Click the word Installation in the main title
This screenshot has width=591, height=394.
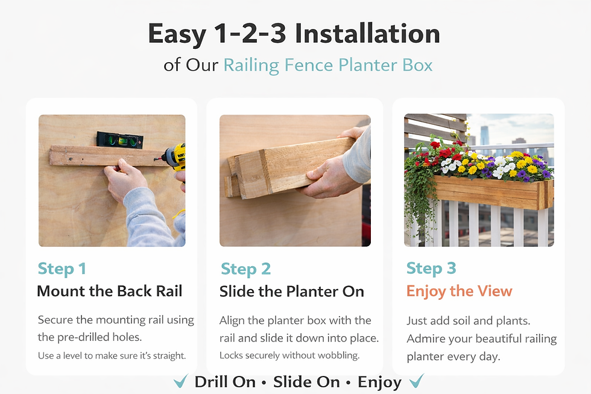pyautogui.click(x=367, y=34)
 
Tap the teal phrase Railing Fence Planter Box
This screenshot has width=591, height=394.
pyautogui.click(x=328, y=65)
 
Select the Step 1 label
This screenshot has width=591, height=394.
pyautogui.click(x=62, y=269)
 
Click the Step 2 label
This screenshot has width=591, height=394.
pyautogui.click(x=246, y=269)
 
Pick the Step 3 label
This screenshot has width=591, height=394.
pyautogui.click(x=431, y=268)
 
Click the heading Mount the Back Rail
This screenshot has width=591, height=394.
pyautogui.click(x=110, y=291)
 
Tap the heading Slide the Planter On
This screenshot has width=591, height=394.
pyautogui.click(x=292, y=291)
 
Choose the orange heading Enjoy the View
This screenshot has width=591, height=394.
pyautogui.click(x=459, y=291)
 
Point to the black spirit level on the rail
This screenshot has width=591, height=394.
pyautogui.click(x=120, y=139)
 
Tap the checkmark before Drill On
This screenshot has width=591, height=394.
pyautogui.click(x=180, y=381)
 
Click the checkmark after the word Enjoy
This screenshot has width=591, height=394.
pyautogui.click(x=417, y=381)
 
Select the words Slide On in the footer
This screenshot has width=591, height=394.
pyautogui.click(x=306, y=382)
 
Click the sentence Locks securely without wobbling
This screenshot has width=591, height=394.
pyautogui.click(x=289, y=355)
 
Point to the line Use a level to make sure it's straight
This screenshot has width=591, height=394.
pyautogui.click(x=112, y=355)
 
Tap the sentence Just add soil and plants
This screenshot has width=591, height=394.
pyautogui.click(x=469, y=321)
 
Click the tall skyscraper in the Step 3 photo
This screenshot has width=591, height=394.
pyautogui.click(x=485, y=136)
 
